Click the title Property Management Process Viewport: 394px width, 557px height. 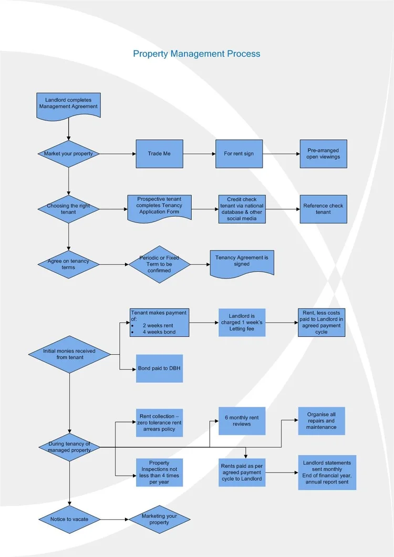pyautogui.click(x=196, y=54)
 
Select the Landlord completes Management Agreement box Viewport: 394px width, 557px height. pyautogui.click(x=68, y=104)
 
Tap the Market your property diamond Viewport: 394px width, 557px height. pyautogui.click(x=68, y=154)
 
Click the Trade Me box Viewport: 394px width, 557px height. pyautogui.click(x=159, y=154)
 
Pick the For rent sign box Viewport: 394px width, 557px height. pyautogui.click(x=239, y=154)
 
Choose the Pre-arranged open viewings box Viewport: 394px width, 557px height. pyautogui.click(x=323, y=154)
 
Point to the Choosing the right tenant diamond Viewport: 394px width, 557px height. pyautogui.click(x=68, y=209)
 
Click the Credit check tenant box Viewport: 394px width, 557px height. pyautogui.click(x=242, y=209)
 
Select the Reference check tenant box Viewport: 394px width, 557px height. pyautogui.click(x=323, y=209)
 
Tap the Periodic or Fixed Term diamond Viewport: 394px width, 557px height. pyautogui.click(x=159, y=264)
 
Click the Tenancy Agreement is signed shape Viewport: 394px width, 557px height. pyautogui.click(x=242, y=262)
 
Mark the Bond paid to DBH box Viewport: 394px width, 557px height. pyautogui.click(x=159, y=368)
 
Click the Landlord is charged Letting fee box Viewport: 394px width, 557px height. pyautogui.click(x=242, y=323)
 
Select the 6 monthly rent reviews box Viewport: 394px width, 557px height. pyautogui.click(x=242, y=421)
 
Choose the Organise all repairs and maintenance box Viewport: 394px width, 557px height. pyautogui.click(x=322, y=421)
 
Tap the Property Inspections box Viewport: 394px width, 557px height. pyautogui.click(x=159, y=473)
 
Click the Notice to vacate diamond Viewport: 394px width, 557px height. pyautogui.click(x=69, y=519)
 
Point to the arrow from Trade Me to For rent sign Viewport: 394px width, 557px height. pyautogui.click(x=199, y=154)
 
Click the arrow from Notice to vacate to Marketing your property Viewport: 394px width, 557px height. pyautogui.click(x=114, y=519)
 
